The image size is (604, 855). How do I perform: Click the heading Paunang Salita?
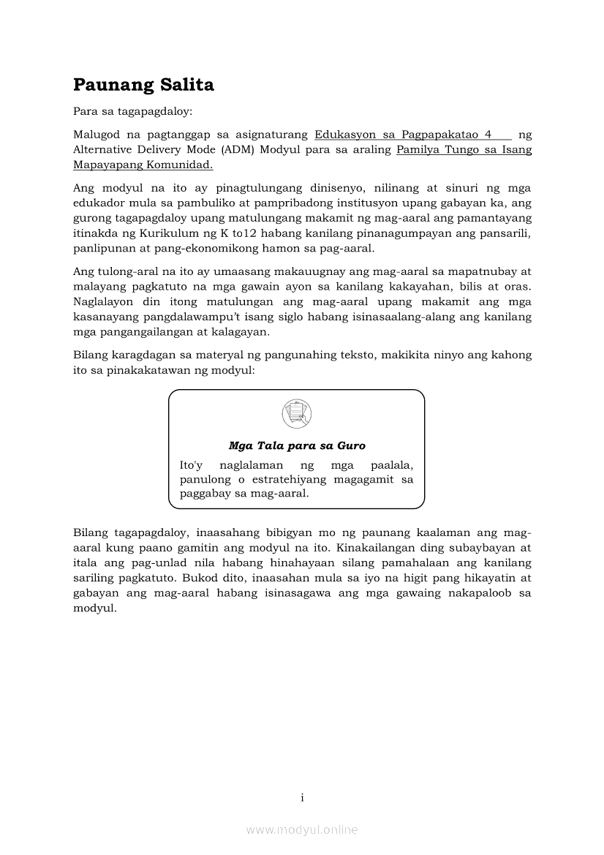tap(143, 86)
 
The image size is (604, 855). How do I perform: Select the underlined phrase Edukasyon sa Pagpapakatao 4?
tap(403, 135)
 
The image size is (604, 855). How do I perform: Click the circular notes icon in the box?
tap(296, 414)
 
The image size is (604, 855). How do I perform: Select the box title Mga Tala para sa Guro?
tap(297, 445)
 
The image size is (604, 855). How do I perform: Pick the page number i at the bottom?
tap(302, 797)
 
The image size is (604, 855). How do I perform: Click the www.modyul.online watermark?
tap(302, 829)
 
